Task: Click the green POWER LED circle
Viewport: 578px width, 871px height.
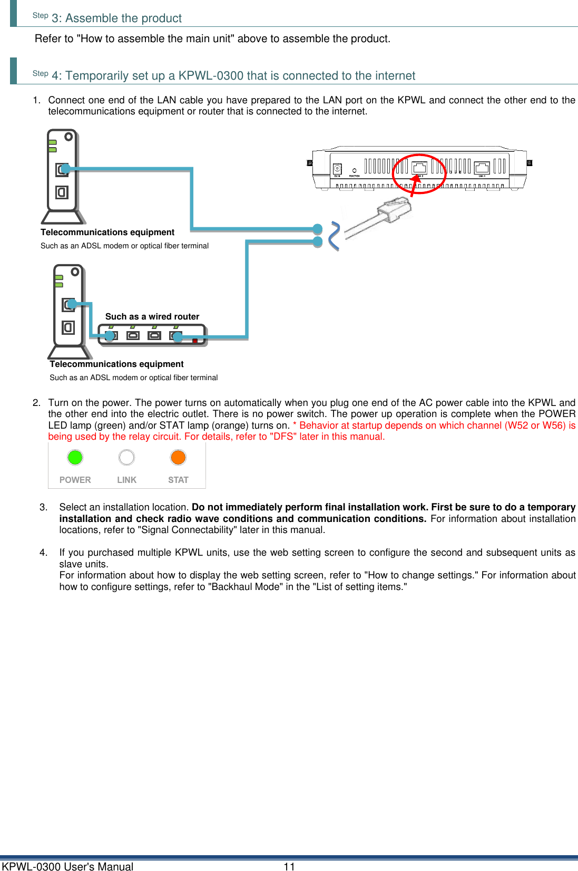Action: tap(75, 457)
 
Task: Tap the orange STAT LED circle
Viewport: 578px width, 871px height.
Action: tap(178, 457)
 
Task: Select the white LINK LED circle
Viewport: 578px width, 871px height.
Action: tap(126, 457)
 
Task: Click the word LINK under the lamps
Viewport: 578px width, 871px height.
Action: tap(126, 480)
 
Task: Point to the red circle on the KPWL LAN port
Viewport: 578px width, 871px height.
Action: tap(419, 174)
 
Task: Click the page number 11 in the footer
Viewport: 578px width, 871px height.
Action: tap(289, 866)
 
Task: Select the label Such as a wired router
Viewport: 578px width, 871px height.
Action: tap(152, 316)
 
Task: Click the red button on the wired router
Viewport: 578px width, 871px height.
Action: tap(195, 341)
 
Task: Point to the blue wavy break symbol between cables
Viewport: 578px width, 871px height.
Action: tap(334, 236)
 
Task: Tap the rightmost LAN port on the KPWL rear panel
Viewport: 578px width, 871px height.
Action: tap(482, 168)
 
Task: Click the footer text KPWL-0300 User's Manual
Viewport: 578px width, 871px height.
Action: tap(67, 866)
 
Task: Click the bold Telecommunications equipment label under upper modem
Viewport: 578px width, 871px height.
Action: tap(107, 232)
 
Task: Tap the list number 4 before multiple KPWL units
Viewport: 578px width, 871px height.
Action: tap(43, 553)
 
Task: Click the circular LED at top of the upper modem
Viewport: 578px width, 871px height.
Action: tap(68, 137)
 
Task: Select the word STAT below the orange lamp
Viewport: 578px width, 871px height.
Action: tap(178, 480)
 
